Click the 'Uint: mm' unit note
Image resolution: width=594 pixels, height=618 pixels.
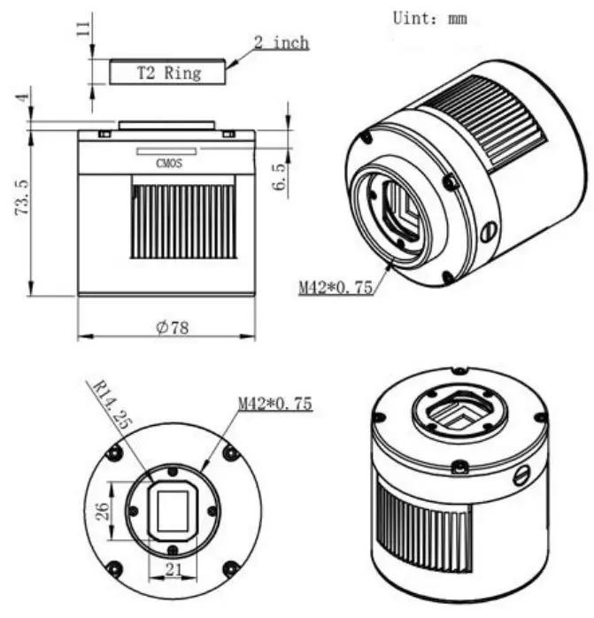pos(429,17)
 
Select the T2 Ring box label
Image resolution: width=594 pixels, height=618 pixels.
pos(167,73)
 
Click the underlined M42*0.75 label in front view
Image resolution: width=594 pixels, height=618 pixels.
pos(274,404)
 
